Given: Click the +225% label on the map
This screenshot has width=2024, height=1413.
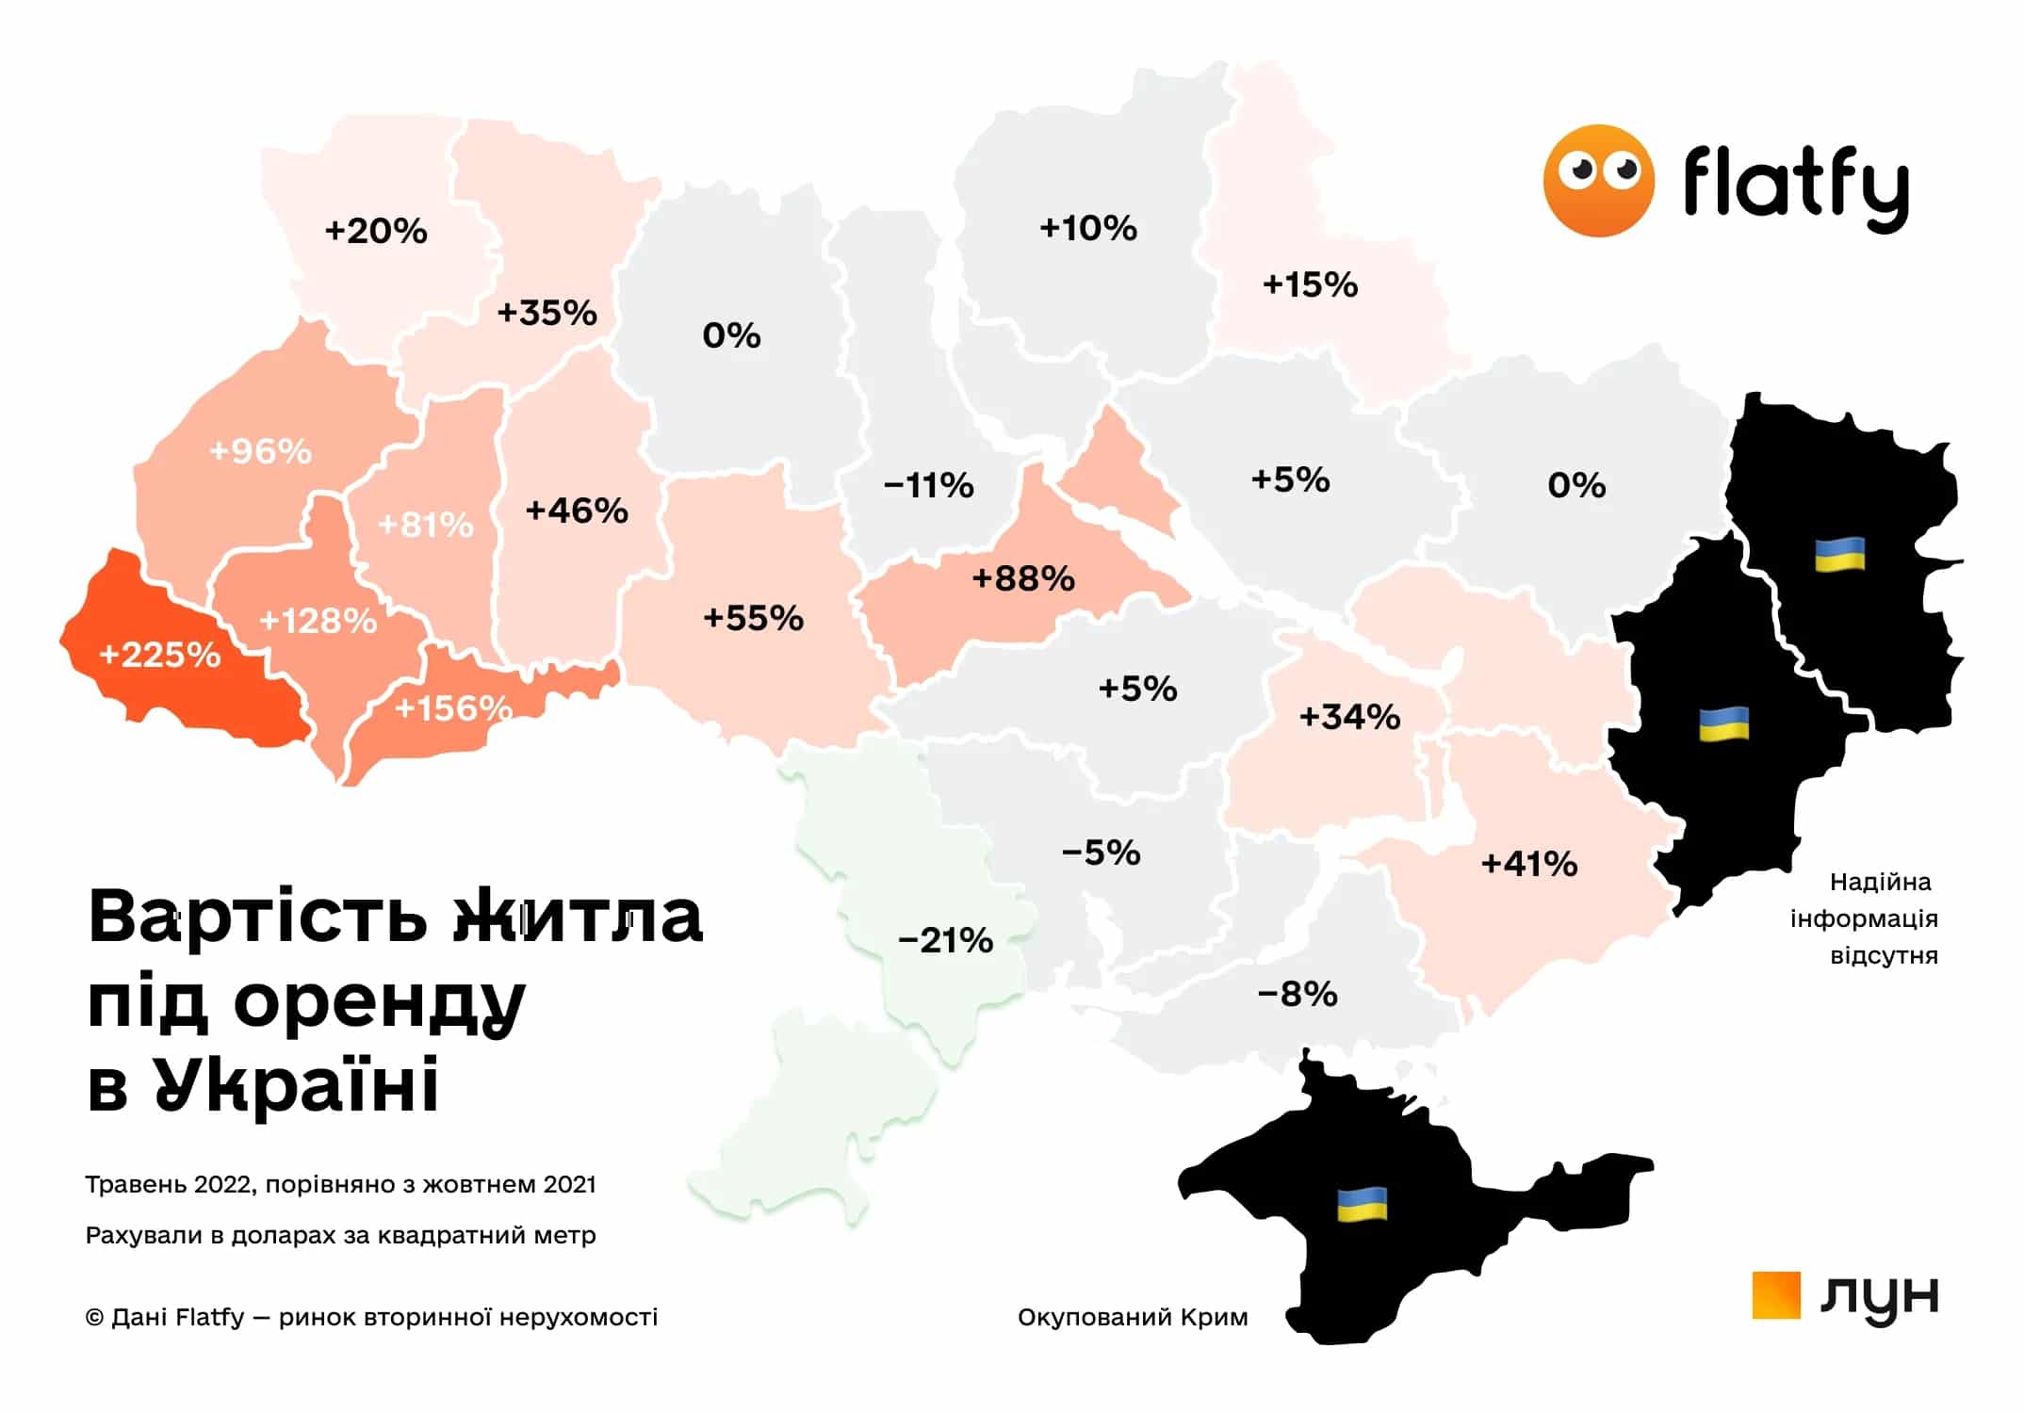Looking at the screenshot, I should pyautogui.click(x=159, y=654).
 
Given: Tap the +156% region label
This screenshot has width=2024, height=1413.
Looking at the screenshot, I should pyautogui.click(x=452, y=707).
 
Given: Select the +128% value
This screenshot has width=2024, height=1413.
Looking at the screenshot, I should pyautogui.click(x=318, y=621).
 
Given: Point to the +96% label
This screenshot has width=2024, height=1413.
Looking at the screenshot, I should pyautogui.click(x=260, y=451).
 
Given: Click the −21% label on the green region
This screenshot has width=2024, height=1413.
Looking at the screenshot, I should pyautogui.click(x=945, y=940).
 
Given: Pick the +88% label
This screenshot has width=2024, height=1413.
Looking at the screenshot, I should pyautogui.click(x=1023, y=578).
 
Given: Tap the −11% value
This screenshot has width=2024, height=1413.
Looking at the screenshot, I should pyautogui.click(x=928, y=486).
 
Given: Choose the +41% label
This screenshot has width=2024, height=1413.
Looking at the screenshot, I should pyautogui.click(x=1528, y=864).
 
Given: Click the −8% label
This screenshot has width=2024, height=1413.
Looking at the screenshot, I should pyautogui.click(x=1297, y=994).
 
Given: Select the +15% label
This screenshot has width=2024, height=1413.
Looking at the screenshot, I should pyautogui.click(x=1310, y=284).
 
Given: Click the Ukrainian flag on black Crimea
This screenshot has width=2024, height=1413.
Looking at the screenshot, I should pyautogui.click(x=1362, y=1204).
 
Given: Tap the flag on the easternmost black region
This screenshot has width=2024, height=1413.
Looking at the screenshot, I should pyautogui.click(x=1839, y=555).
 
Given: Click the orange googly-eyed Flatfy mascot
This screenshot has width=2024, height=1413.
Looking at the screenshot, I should pyautogui.click(x=1598, y=180).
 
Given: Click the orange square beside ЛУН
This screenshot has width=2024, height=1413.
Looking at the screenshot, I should pyautogui.click(x=1775, y=1295).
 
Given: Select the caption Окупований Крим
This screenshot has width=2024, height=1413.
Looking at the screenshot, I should pyautogui.click(x=1132, y=1317).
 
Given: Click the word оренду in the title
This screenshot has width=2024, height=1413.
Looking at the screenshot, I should pyautogui.click(x=380, y=1001).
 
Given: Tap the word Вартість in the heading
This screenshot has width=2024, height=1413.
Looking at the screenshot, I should pyautogui.click(x=257, y=916).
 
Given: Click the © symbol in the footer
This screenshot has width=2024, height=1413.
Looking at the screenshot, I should pyautogui.click(x=94, y=1317).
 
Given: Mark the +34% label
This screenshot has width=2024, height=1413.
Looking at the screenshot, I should pyautogui.click(x=1349, y=718).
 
